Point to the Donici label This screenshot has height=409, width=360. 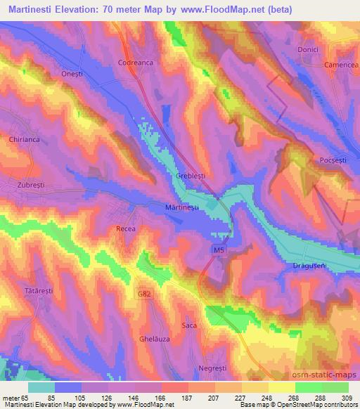309,51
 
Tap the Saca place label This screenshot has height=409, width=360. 189,325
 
